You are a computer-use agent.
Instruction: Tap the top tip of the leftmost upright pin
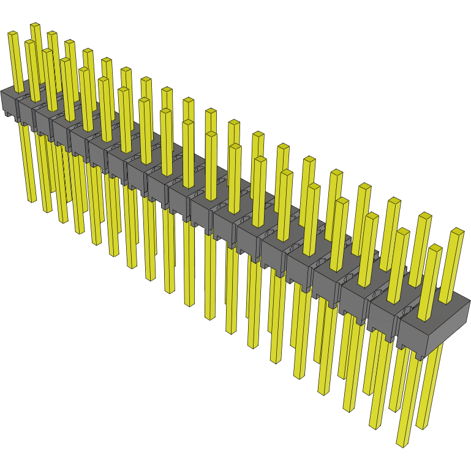click(x=13, y=34)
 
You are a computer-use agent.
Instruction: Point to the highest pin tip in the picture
click(x=35, y=25)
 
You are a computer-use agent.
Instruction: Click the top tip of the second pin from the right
click(x=434, y=247)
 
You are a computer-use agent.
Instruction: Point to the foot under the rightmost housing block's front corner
click(x=419, y=356)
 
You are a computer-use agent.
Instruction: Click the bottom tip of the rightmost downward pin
click(x=422, y=426)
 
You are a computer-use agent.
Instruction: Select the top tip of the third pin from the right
click(x=424, y=216)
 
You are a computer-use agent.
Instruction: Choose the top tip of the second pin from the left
click(x=29, y=42)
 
